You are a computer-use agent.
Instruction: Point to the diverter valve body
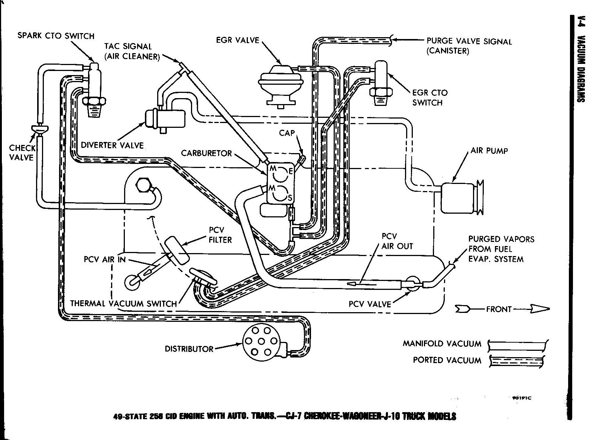point(165,119)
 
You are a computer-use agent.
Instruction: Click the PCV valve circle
point(412,284)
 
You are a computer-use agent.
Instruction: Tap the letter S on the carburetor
point(290,198)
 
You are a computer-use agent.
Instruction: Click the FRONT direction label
point(499,309)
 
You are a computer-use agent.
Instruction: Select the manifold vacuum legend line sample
point(518,344)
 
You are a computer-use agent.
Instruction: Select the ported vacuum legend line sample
point(518,360)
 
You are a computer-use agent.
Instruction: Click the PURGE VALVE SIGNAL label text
point(469,41)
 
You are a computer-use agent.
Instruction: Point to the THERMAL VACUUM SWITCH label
point(123,303)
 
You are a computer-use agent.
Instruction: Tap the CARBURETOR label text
point(206,153)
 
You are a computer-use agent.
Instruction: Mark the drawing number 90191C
point(522,398)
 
